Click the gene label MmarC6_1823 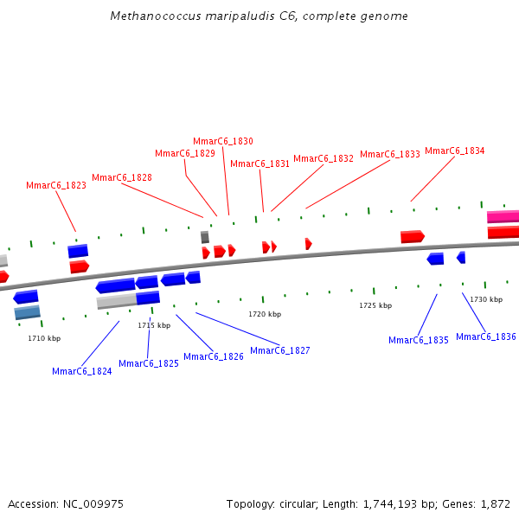point(56,185)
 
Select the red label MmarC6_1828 point(122,177)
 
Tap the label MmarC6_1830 point(223,141)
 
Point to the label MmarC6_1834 point(455,151)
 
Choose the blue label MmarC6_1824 point(82,371)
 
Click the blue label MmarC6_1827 point(280,350)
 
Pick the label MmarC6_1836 point(486,336)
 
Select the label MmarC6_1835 point(419,340)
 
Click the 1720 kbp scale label point(265,314)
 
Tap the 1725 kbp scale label point(375,305)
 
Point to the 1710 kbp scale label point(44,338)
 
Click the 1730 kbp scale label point(486,299)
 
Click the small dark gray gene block point(205,237)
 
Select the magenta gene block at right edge point(503,217)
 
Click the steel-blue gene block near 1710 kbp point(28,312)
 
